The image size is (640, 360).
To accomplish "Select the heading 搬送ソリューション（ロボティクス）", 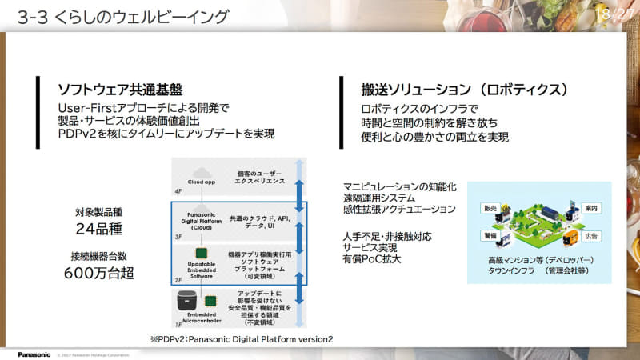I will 466,88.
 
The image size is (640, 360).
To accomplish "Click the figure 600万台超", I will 98,274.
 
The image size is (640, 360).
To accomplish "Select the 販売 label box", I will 490,208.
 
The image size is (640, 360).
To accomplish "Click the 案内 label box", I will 594,208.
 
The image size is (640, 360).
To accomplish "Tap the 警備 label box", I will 490,237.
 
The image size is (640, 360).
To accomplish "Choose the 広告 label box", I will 594,237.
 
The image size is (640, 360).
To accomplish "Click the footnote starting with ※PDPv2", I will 241,338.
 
